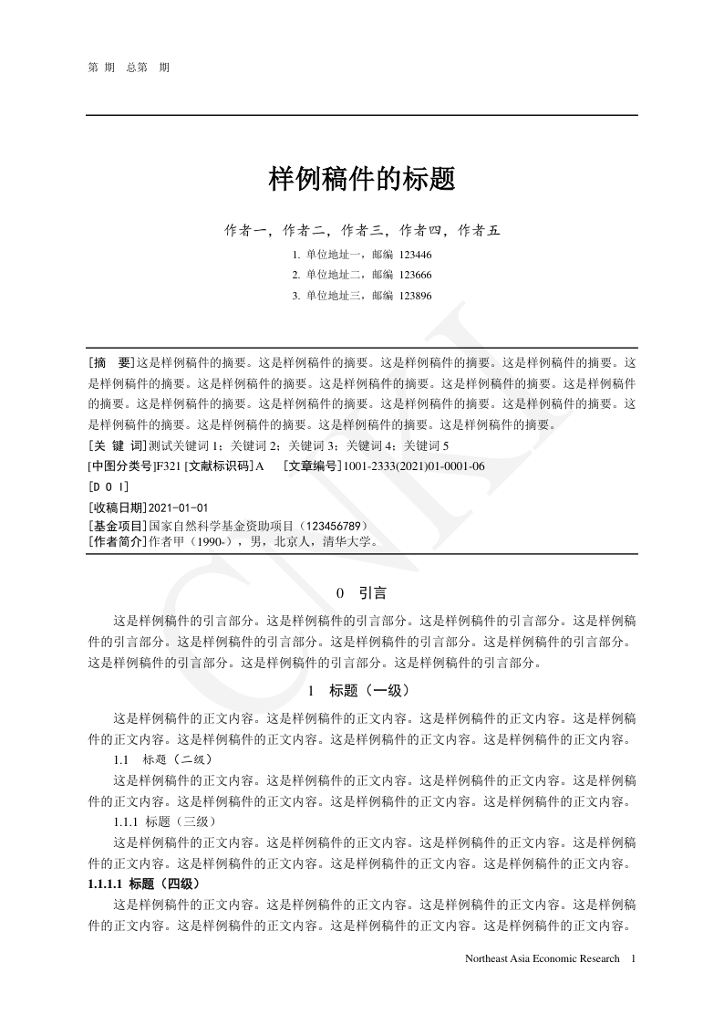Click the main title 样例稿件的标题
point(362,179)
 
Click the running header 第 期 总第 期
point(129,68)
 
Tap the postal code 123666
point(416,275)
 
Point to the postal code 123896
point(416,296)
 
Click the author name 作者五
point(480,230)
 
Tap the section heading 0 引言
point(362,593)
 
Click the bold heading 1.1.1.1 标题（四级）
point(143,884)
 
